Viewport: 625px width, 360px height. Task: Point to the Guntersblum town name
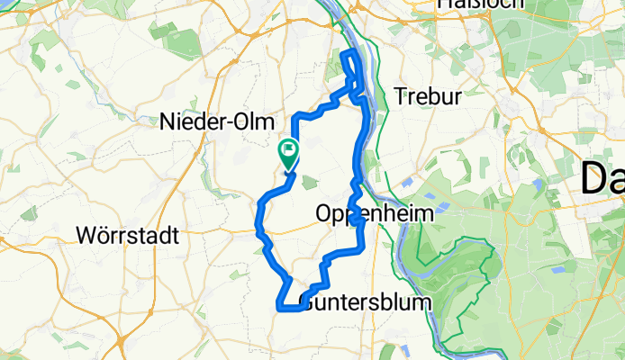point(365,302)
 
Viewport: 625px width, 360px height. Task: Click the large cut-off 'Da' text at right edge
point(602,177)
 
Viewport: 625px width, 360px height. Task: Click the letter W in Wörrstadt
point(87,237)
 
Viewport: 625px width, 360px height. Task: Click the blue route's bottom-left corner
point(277,309)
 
